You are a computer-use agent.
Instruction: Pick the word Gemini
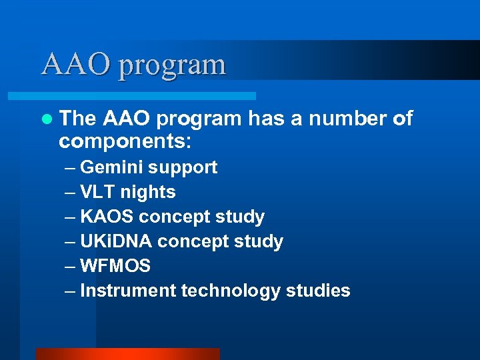pyautogui.click(x=114, y=167)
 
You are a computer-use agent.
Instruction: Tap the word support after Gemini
pyautogui.click(x=185, y=168)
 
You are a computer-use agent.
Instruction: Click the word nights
pyautogui.click(x=148, y=193)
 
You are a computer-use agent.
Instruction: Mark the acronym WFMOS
pyautogui.click(x=115, y=266)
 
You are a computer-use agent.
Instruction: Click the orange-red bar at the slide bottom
pyautogui.click(x=127, y=354)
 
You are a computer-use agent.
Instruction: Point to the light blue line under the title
pyautogui.click(x=147, y=96)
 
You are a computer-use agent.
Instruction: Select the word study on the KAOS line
pyautogui.click(x=245, y=217)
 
